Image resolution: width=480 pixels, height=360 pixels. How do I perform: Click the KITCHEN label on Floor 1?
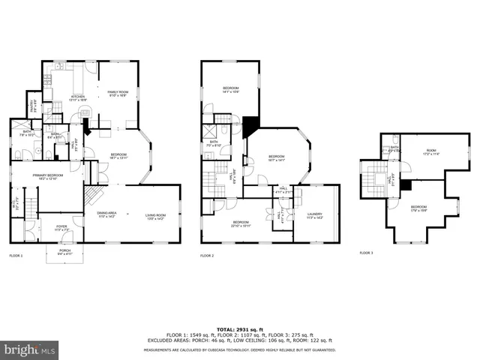pos(78,97)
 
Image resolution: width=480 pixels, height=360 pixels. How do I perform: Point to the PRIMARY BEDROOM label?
pos(45,177)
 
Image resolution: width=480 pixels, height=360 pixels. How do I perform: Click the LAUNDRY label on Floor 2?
pos(315,216)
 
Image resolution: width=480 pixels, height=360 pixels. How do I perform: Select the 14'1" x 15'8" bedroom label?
pos(230,90)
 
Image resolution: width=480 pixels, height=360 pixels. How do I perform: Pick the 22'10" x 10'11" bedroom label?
pos(240,223)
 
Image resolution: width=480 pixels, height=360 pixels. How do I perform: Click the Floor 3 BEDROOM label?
pos(418,208)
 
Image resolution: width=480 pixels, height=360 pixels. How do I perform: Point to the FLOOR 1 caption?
pos(16,256)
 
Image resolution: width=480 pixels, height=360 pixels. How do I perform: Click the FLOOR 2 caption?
pos(208,256)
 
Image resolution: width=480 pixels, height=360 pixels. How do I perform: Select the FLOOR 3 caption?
pos(366,253)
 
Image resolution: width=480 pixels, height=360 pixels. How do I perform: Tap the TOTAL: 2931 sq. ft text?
pos(239,328)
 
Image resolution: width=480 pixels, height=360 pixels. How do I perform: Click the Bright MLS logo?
pos(30,349)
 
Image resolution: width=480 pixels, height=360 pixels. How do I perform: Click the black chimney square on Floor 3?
pos(404,184)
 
